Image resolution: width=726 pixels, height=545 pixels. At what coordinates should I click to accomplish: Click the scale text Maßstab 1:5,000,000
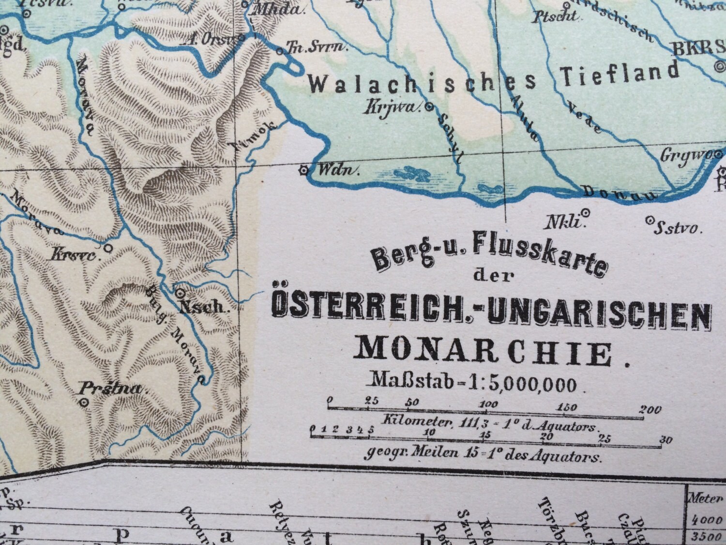click(x=473, y=383)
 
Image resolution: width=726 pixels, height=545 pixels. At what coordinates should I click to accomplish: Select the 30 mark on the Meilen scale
click(x=666, y=440)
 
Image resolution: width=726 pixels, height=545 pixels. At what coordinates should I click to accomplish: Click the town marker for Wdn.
click(x=304, y=170)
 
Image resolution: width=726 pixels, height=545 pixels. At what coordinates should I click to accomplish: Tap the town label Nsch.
click(x=203, y=307)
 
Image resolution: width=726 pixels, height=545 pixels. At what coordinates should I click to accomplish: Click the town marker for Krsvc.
click(x=108, y=248)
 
